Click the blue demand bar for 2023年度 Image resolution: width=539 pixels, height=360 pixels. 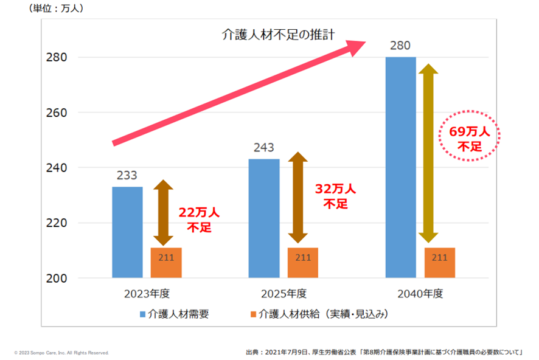tap(127, 232)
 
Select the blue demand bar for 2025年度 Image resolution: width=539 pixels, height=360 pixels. tap(264, 218)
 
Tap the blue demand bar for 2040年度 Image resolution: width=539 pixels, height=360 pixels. tap(401, 167)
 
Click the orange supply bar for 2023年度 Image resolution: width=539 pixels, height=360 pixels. tap(166, 263)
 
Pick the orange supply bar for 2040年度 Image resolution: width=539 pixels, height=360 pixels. tap(440, 263)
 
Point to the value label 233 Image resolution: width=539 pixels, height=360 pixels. tap(127, 175)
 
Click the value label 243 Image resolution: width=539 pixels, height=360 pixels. tap(264, 148)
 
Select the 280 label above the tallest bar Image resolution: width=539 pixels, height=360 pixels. tap(401, 46)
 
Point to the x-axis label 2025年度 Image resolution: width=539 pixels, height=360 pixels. tap(283, 294)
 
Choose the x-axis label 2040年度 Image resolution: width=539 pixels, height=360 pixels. tap(420, 294)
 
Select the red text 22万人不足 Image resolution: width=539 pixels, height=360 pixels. tap(198, 220)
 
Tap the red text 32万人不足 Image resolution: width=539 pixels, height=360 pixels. tap(335, 196)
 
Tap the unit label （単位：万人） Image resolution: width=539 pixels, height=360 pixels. tap(57, 9)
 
